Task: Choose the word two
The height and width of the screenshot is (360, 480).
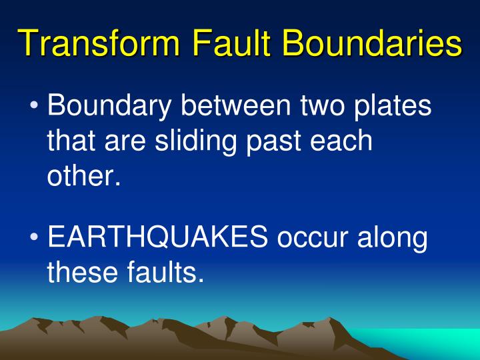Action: (322, 106)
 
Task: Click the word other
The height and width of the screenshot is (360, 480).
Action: (84, 177)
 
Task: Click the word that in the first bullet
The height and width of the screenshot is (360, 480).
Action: (69, 142)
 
